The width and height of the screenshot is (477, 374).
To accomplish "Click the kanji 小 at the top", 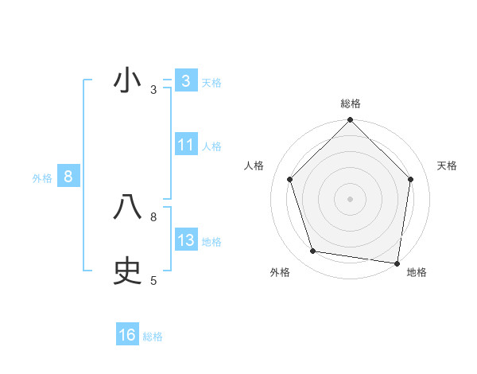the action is click(127, 81).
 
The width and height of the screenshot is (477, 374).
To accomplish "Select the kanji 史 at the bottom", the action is click(127, 271).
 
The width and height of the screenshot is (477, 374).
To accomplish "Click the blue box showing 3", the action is click(186, 81).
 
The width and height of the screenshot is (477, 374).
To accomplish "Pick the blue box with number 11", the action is click(186, 145).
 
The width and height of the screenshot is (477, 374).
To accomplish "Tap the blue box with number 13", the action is click(186, 240).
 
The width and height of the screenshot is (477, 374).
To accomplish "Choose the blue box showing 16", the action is click(127, 335).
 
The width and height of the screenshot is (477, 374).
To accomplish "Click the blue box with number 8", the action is click(68, 177).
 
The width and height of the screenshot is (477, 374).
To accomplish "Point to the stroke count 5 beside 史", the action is click(153, 280).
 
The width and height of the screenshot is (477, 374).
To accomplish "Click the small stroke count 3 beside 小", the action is click(153, 90).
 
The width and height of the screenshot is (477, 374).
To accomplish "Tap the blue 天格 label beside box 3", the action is click(211, 82).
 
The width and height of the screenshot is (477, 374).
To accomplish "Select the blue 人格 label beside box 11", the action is click(211, 146).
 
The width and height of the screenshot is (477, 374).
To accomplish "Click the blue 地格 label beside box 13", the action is click(211, 241).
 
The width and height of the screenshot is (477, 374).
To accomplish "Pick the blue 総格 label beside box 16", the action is click(153, 336).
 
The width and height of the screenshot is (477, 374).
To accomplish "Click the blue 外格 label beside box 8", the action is click(42, 178).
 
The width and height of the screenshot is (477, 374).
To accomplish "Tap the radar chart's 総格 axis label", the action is click(351, 103).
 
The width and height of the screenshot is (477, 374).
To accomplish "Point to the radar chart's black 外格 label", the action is click(280, 272).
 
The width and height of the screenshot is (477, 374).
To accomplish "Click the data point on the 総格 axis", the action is click(351, 121).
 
